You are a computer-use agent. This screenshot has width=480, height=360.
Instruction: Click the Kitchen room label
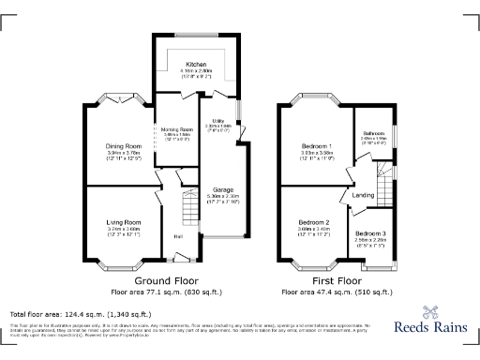tap(196, 65)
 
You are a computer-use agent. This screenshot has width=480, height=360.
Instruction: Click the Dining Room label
tap(123, 146)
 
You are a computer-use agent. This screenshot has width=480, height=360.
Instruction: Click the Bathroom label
tap(374, 134)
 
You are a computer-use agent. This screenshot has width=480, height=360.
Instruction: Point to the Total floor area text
tap(80, 313)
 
